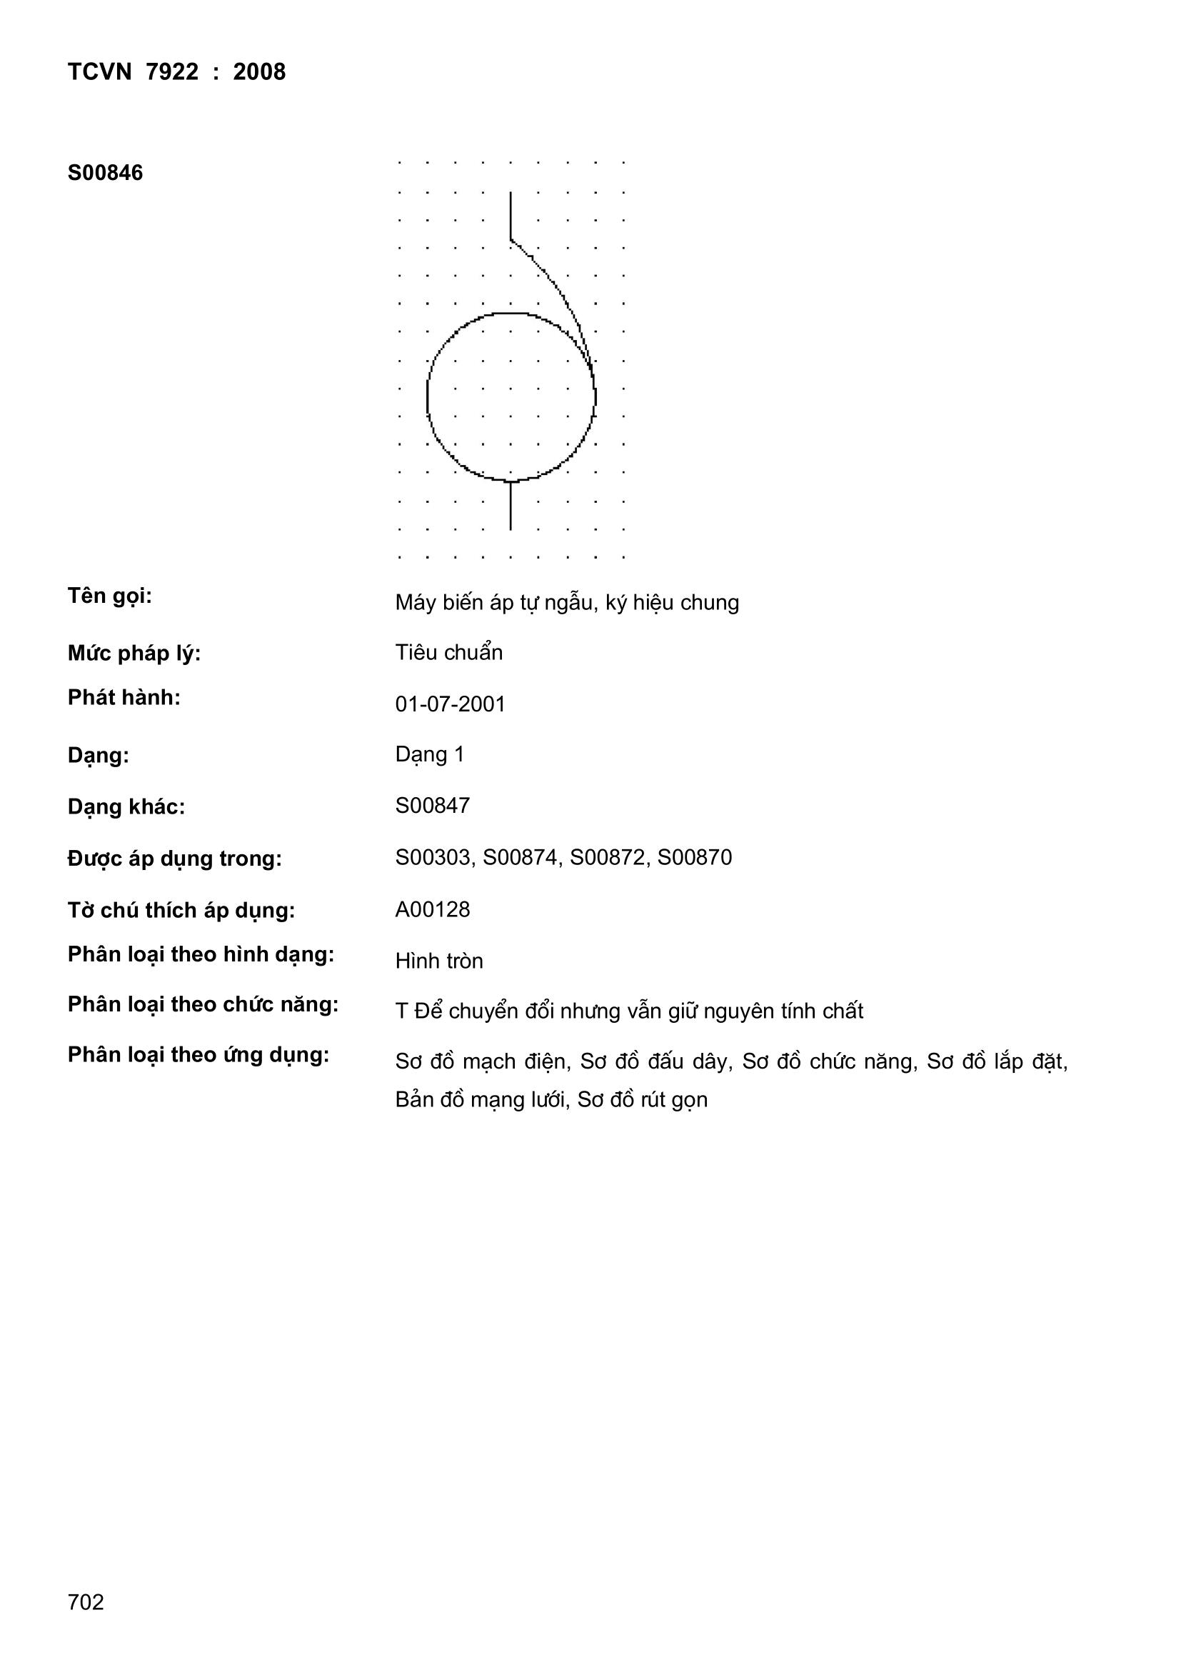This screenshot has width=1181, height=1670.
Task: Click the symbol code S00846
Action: click(105, 173)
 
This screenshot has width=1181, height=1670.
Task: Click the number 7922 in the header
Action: click(171, 72)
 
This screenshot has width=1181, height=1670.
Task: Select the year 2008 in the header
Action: click(259, 72)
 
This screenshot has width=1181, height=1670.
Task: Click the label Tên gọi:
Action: click(109, 596)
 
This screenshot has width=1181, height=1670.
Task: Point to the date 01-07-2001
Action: click(449, 704)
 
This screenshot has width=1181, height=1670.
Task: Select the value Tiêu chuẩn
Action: click(448, 652)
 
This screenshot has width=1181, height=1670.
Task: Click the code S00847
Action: click(432, 805)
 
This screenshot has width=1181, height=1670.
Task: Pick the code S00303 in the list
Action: click(433, 858)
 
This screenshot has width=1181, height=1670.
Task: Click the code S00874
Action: click(521, 858)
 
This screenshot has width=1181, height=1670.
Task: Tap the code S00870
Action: click(694, 858)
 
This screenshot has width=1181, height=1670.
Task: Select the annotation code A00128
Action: click(432, 909)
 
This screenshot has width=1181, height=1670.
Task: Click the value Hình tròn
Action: click(438, 961)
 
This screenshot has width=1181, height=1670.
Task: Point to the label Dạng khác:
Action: click(126, 806)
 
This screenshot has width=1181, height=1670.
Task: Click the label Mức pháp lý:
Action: click(134, 653)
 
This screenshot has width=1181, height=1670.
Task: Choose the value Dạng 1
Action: click(429, 754)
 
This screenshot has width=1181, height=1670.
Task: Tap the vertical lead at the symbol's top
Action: click(511, 214)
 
